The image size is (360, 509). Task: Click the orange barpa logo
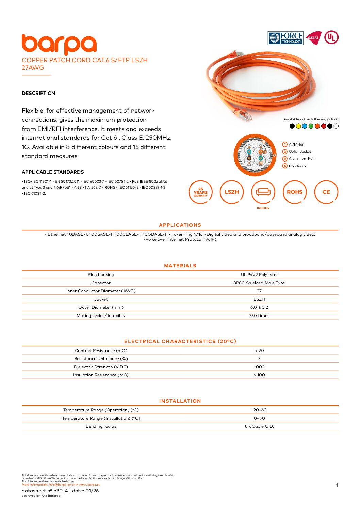59,45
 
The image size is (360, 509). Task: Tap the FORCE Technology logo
285,38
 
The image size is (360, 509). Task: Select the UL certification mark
331,37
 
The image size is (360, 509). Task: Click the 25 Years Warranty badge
200,192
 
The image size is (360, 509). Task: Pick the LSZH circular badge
232,192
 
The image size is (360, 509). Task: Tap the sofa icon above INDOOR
263,192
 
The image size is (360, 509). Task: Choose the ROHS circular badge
295,192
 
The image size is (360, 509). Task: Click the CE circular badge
326,192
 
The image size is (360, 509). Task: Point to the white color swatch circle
336,126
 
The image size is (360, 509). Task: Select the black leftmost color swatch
292,126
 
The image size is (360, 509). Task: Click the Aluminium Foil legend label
301,159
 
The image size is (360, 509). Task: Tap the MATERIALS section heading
180,266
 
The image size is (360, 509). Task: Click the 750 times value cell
259,316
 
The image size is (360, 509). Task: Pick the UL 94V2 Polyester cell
259,275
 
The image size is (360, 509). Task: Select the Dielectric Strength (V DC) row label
101,367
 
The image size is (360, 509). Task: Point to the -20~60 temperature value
259,410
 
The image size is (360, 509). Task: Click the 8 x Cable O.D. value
259,426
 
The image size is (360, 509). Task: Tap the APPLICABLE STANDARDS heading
53,172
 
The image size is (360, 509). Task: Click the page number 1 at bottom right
337,486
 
